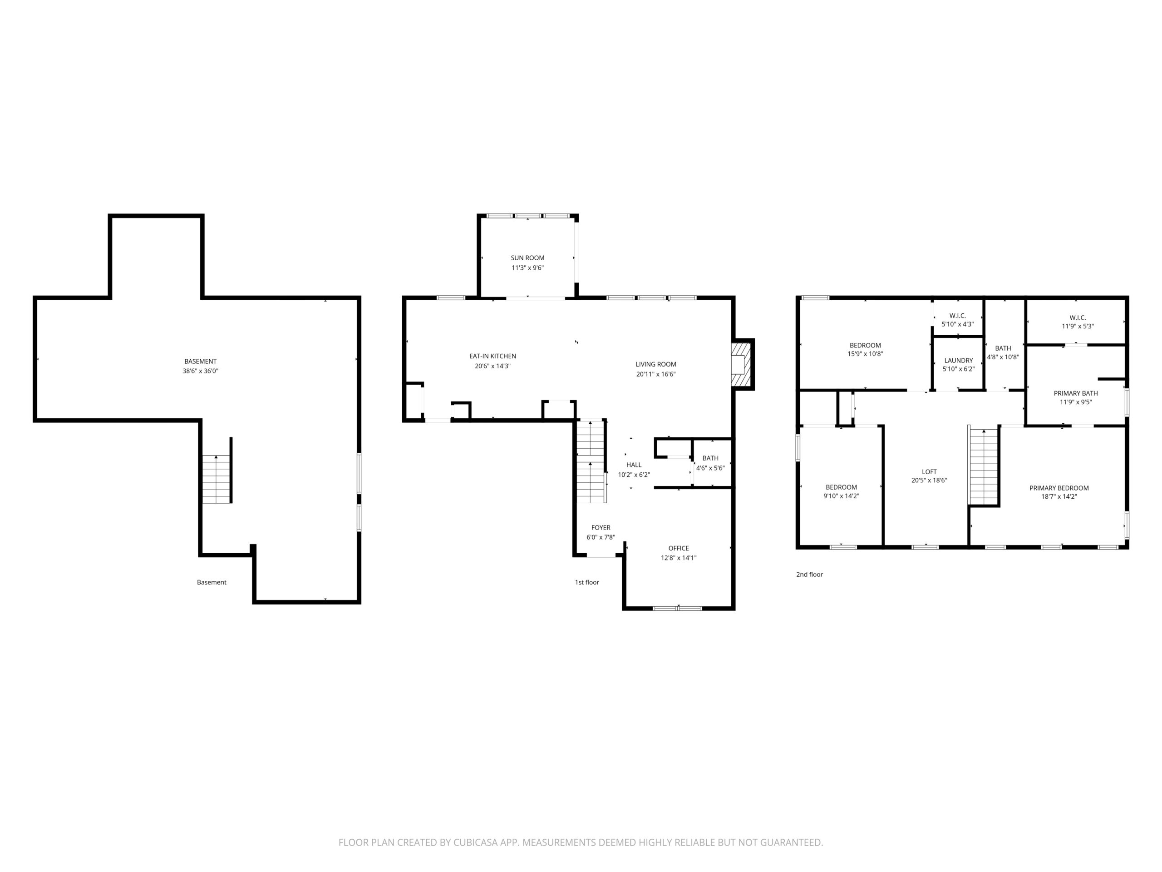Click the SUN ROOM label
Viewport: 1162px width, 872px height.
[x=527, y=258]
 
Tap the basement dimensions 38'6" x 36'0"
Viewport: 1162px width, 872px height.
[x=200, y=371]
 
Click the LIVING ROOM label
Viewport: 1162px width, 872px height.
[x=655, y=364]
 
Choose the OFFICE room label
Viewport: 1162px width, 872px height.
[x=679, y=548]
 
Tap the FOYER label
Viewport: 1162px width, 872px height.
[x=601, y=528]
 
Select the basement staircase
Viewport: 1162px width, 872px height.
[x=217, y=479]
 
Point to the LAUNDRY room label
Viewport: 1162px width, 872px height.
[x=959, y=361]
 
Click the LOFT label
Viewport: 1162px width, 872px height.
[x=929, y=472]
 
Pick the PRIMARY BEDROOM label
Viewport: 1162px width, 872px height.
[x=1059, y=488]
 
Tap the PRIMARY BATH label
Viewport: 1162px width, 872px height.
[x=1076, y=393]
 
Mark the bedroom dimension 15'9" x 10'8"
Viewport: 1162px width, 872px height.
[x=865, y=354]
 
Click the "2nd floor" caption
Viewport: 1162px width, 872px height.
[x=809, y=575]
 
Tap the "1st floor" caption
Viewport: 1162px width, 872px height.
[x=587, y=582]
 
